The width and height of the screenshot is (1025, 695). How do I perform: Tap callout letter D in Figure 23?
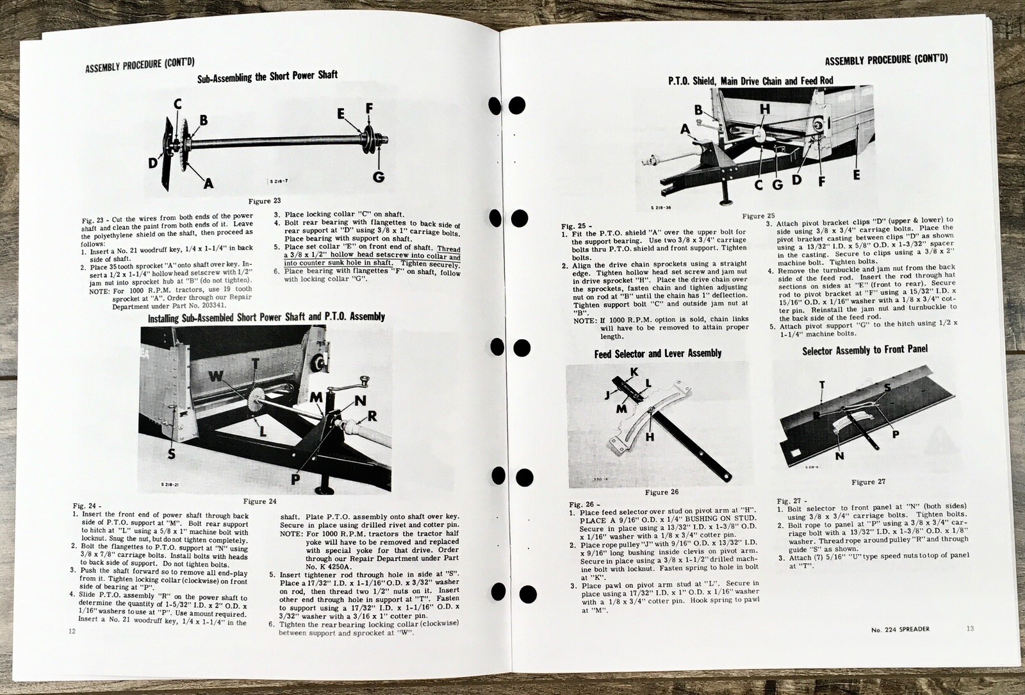(152, 163)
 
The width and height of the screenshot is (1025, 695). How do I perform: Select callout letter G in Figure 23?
(380, 175)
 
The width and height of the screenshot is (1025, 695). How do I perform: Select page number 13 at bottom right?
(970, 629)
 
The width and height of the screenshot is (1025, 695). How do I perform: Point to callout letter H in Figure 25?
(764, 110)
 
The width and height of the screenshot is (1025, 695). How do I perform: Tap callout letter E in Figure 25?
(857, 173)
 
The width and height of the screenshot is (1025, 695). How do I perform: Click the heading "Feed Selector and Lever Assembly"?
(658, 353)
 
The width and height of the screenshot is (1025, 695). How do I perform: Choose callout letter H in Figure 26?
(651, 438)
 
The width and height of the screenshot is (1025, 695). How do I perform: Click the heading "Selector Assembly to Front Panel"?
(865, 350)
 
